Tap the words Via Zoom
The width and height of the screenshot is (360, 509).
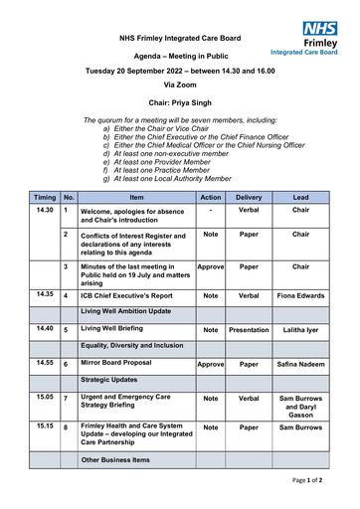pos(179,86)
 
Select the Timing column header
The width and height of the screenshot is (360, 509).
pos(45,198)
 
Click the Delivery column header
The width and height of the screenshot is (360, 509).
pos(249,198)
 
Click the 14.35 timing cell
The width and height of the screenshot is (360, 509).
pos(45,295)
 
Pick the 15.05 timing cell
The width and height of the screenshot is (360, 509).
pos(45,397)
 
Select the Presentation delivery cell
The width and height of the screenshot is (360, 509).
pos(249,330)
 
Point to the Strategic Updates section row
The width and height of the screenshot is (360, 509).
pos(112,380)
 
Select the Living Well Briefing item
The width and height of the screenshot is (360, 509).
pos(114,328)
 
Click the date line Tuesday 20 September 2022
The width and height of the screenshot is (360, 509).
pos(179,73)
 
